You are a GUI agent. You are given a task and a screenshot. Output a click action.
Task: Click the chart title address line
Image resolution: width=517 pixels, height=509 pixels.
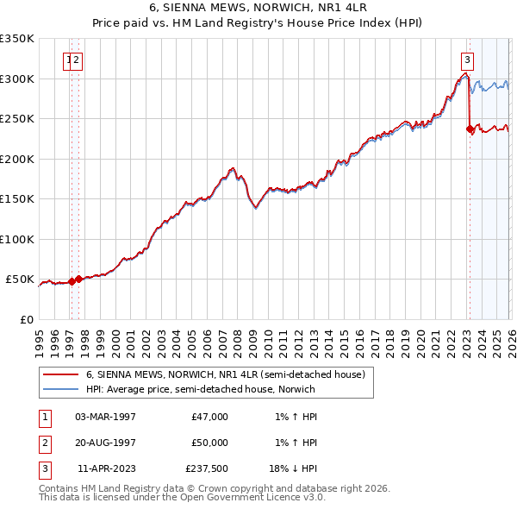coord(258,9)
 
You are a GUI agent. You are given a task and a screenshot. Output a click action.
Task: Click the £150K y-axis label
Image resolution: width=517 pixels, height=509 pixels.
coord(17,198)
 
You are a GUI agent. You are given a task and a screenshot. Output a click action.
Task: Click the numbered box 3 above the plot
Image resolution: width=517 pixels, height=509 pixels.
coord(466,60)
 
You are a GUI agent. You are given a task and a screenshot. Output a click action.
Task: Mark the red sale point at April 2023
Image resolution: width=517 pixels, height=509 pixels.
coord(470,129)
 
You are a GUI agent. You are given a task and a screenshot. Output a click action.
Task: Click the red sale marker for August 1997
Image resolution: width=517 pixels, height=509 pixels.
coord(78,279)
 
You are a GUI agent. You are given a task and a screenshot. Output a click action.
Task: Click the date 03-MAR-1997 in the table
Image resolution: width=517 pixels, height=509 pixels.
coord(105,417)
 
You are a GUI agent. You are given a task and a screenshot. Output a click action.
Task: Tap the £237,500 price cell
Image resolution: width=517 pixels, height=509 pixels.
coord(206,468)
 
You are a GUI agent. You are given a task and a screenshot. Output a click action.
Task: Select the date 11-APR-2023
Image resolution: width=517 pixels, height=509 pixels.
coord(105,468)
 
